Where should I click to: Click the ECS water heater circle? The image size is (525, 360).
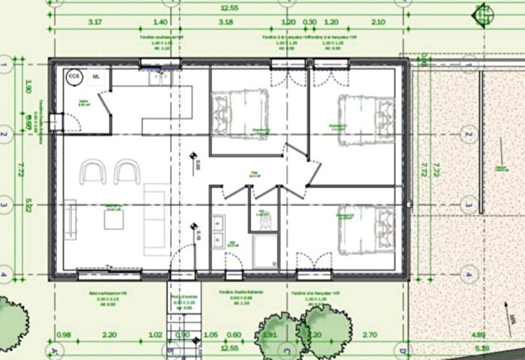[73, 76]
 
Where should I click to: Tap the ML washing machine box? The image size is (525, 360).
[96, 76]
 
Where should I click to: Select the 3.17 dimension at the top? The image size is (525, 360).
[94, 22]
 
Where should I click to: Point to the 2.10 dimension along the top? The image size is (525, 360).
[378, 22]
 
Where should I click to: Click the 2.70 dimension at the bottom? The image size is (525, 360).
[370, 335]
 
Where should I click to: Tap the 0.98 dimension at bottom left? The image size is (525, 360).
[63, 335]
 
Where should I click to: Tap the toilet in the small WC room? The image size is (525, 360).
[262, 217]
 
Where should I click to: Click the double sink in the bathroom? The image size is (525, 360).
[219, 231]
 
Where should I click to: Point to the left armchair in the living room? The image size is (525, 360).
[94, 172]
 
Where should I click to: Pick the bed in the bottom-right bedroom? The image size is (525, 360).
[367, 225]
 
